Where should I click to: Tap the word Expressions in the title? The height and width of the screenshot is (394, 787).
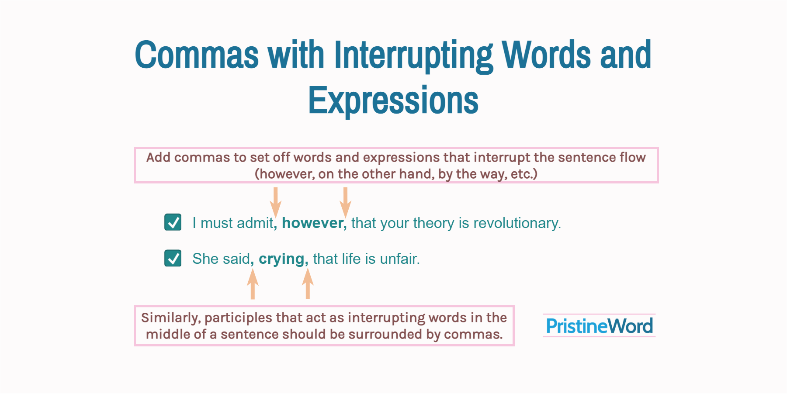coord(393,100)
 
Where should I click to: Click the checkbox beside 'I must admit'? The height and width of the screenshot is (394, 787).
coord(173,222)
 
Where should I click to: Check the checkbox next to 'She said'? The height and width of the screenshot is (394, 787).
coord(173,258)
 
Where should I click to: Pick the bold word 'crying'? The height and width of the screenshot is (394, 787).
coord(281,259)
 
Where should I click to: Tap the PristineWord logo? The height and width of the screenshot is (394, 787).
coord(599,326)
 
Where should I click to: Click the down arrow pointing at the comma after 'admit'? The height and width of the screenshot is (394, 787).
coord(275,202)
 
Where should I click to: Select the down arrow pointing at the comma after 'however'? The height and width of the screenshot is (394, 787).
coord(345,202)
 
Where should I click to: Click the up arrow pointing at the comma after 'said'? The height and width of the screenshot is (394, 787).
coord(253,283)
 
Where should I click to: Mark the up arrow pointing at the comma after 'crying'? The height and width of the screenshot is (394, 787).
coord(308,283)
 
